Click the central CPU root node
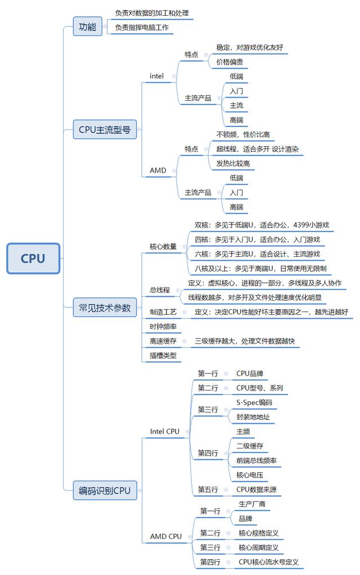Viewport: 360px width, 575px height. pyautogui.click(x=33, y=259)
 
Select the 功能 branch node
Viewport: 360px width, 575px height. pyautogui.click(x=87, y=26)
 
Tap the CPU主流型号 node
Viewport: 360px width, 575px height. pyautogui.click(x=105, y=130)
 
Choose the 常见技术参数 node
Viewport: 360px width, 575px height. pyautogui.click(x=105, y=307)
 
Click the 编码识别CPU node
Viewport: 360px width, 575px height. pyautogui.click(x=105, y=491)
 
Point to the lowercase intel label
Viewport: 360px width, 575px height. pyautogui.click(x=157, y=76)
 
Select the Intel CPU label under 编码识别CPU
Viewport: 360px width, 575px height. pyautogui.click(x=165, y=432)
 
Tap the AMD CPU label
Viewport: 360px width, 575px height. pyautogui.click(x=166, y=536)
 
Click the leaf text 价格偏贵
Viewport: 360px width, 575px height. pyautogui.click(x=229, y=62)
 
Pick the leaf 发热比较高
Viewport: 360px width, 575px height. pyautogui.click(x=233, y=164)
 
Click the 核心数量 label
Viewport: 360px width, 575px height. pyautogui.click(x=163, y=246)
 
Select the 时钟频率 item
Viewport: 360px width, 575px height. pyautogui.click(x=163, y=327)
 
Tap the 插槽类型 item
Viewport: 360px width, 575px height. pyautogui.click(x=163, y=355)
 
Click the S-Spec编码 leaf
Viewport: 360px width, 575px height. pyautogui.click(x=254, y=402)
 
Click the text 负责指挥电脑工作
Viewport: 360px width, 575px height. pyautogui.click(x=142, y=27)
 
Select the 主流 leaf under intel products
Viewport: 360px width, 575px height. pyautogui.click(x=236, y=105)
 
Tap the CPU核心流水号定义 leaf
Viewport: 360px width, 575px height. pyautogui.click(x=268, y=562)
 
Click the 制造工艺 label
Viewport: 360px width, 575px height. pyautogui.click(x=163, y=312)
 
